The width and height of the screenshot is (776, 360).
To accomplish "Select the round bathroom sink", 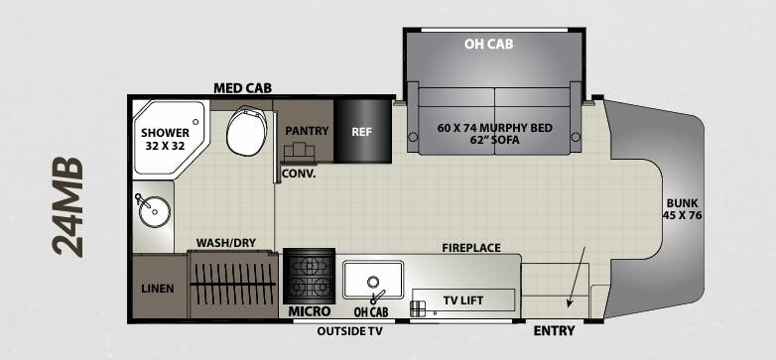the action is tap(154, 210).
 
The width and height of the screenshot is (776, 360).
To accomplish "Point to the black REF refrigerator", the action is tap(361, 130).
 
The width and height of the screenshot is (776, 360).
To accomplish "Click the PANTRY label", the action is tap(306, 130).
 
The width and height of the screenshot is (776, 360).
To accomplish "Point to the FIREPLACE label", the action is tap(471, 247).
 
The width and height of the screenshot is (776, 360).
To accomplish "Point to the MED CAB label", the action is tap(243, 88).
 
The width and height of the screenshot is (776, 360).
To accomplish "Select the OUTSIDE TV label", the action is tap(349, 331).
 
